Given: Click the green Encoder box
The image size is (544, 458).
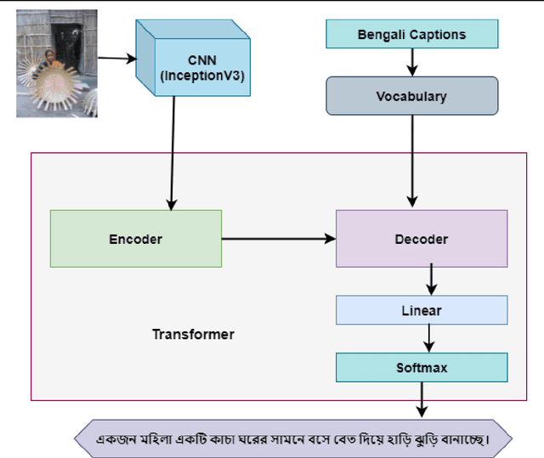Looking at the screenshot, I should (x=136, y=239).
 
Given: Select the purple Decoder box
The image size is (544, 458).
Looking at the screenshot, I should (x=421, y=239).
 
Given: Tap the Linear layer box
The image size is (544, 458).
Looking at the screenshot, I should (x=421, y=310).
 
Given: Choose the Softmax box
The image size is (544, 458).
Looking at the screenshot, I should (x=421, y=368).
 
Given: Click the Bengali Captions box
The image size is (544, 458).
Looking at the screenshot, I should (x=411, y=35).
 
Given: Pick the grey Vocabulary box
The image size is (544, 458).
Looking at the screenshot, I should (x=411, y=96).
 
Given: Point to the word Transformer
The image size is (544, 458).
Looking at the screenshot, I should (x=193, y=334).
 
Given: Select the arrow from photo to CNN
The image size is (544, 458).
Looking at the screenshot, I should (x=116, y=59).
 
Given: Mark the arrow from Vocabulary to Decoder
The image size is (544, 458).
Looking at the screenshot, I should (x=412, y=161).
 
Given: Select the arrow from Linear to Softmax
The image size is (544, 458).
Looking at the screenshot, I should (x=429, y=338).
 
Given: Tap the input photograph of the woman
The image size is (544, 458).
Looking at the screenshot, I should (x=56, y=70).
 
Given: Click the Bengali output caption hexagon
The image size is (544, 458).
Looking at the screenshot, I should (x=293, y=438).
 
